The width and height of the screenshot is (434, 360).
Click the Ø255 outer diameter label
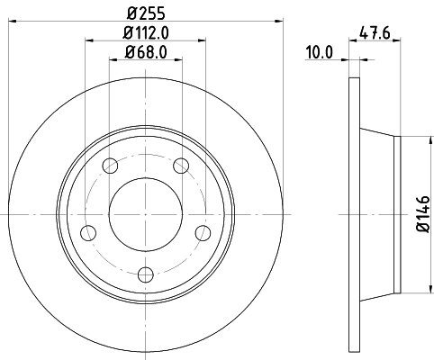point(145,13)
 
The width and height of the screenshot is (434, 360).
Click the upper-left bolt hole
point(111,165)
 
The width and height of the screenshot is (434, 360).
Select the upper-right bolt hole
point(180,165)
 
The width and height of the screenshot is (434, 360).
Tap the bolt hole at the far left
point(88,232)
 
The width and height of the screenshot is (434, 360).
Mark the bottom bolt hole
point(146,274)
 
